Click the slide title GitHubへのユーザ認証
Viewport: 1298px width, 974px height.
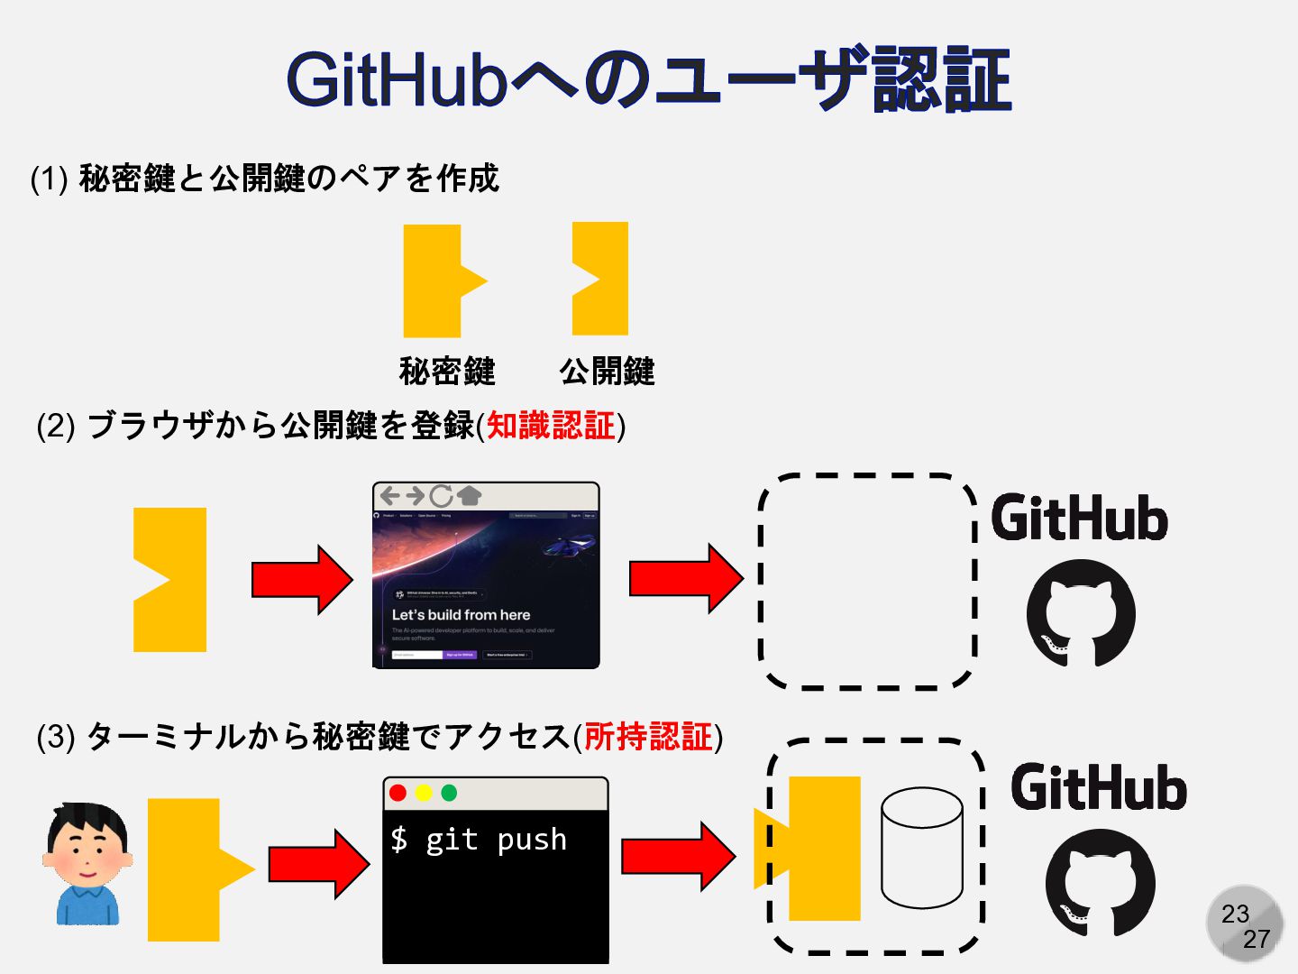(x=649, y=81)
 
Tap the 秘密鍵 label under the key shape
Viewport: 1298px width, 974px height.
(x=447, y=371)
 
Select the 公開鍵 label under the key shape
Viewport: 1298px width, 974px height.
(x=607, y=371)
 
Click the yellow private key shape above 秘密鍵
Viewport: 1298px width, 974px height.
(x=435, y=280)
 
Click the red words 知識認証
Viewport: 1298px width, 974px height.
(x=551, y=426)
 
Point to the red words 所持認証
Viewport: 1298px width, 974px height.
(x=648, y=737)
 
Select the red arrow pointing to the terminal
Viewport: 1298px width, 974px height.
(x=318, y=864)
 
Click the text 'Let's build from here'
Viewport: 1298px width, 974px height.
(x=461, y=615)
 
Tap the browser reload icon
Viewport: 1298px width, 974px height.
(x=441, y=495)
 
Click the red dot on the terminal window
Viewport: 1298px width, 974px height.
(x=398, y=793)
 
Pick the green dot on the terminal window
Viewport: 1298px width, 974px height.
(x=449, y=793)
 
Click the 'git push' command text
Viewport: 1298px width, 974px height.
(x=496, y=840)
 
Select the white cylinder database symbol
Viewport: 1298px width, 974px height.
(x=921, y=848)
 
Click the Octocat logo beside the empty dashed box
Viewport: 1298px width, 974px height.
(x=1081, y=613)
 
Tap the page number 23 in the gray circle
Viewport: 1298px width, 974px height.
(x=1235, y=914)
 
